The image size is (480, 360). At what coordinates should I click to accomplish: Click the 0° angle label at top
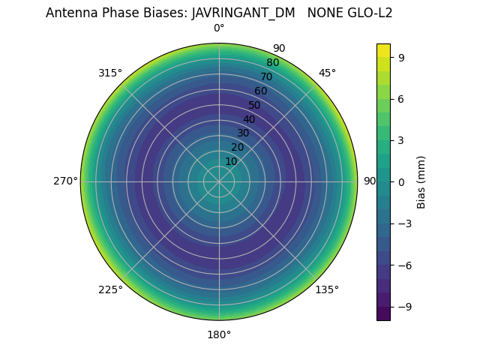[219, 28]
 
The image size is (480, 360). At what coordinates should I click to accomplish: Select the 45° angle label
[327, 73]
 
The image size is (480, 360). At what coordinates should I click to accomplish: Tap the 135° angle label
[327, 289]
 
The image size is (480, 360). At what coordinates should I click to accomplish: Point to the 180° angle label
[219, 334]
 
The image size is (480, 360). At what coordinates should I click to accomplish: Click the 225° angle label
[110, 289]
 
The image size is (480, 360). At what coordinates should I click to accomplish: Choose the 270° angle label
[65, 181]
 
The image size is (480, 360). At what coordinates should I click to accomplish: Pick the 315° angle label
[110, 73]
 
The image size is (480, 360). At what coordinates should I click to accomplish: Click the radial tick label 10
[231, 161]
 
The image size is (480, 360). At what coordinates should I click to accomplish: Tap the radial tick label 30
[243, 133]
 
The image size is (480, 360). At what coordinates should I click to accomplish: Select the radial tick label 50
[255, 105]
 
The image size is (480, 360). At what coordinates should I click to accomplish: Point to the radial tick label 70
[266, 76]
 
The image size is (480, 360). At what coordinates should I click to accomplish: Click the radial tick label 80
[272, 62]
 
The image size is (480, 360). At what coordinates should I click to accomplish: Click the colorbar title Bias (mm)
[421, 181]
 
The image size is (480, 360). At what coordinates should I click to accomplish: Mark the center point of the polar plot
[219, 181]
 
